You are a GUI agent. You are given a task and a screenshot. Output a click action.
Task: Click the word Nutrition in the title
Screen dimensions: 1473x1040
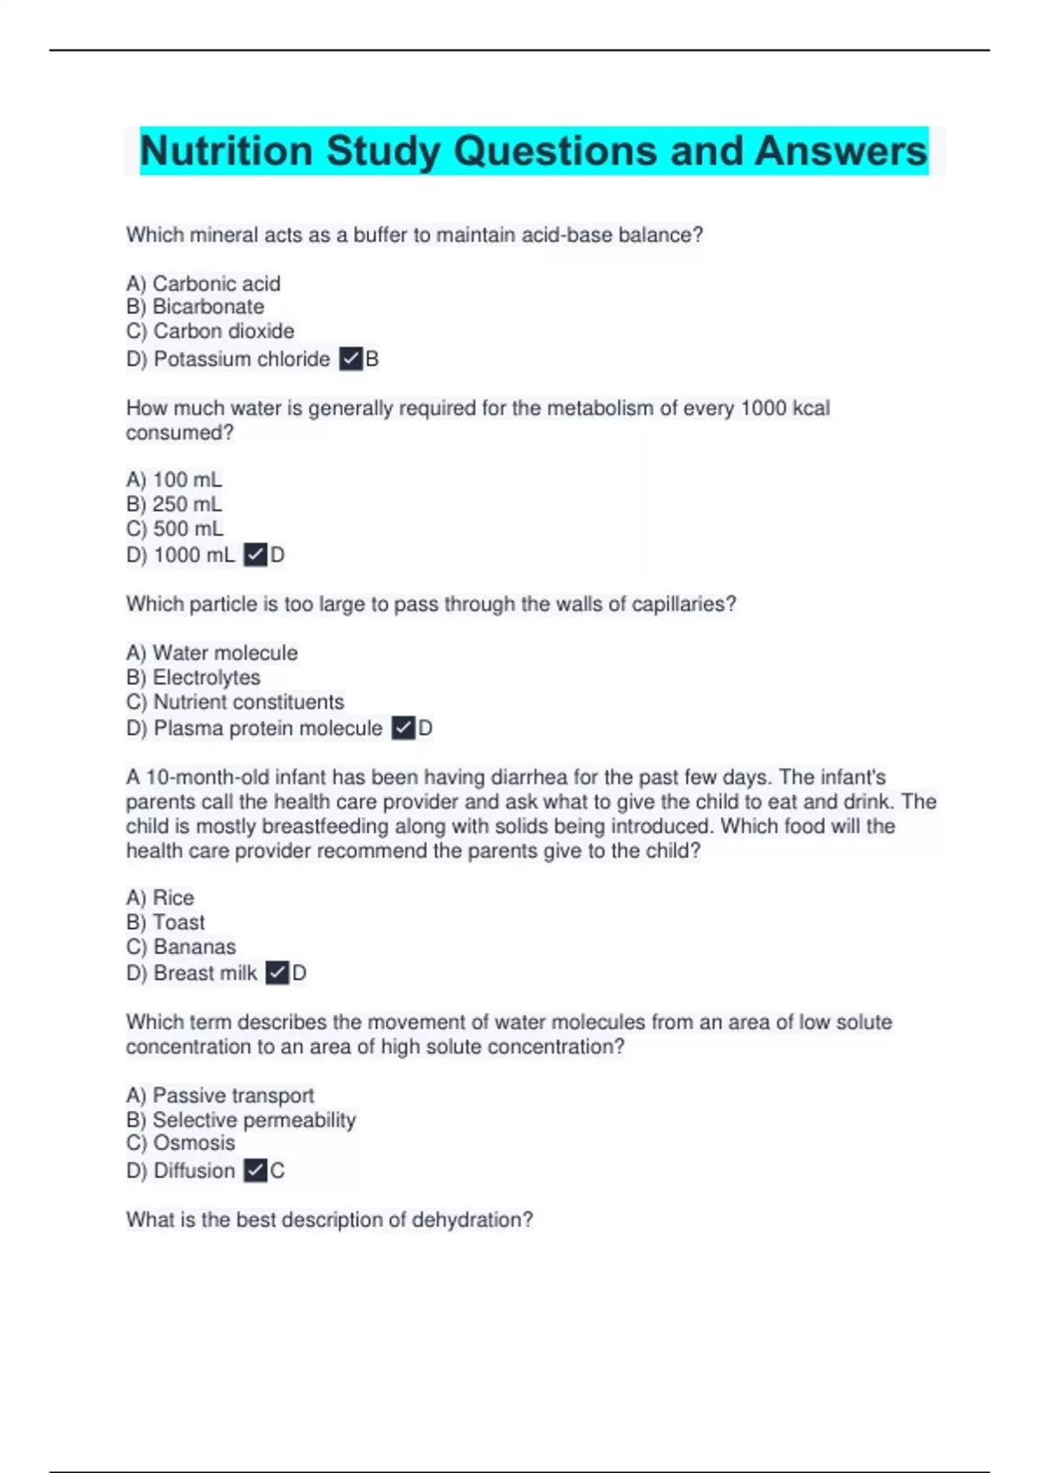pyautogui.click(x=226, y=151)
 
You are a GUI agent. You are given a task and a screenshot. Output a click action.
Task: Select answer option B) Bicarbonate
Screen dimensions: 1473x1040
pyautogui.click(x=195, y=307)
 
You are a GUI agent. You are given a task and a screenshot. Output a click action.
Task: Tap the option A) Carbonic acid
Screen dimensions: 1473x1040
pyautogui.click(x=203, y=283)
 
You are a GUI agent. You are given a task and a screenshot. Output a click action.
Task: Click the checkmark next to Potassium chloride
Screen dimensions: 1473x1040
pyautogui.click(x=350, y=359)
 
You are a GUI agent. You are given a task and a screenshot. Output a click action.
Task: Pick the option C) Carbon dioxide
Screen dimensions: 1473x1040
pyautogui.click(x=210, y=331)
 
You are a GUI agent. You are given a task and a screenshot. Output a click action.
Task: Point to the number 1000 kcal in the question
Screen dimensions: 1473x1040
pyautogui.click(x=784, y=408)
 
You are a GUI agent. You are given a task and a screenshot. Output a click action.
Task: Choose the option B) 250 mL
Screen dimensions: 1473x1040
pyautogui.click(x=174, y=504)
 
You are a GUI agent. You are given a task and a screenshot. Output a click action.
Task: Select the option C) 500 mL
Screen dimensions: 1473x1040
pyautogui.click(x=174, y=529)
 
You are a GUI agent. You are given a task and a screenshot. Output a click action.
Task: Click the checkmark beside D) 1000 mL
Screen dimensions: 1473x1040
pyautogui.click(x=255, y=555)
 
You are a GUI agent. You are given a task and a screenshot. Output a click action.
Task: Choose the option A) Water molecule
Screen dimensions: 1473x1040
pyautogui.click(x=211, y=652)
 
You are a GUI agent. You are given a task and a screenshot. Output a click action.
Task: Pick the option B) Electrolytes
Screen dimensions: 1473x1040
pyautogui.click(x=193, y=678)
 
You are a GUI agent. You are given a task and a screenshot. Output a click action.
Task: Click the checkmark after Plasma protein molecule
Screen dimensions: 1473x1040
pyautogui.click(x=403, y=729)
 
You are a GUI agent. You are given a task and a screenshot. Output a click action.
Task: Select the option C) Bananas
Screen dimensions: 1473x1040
pyautogui.click(x=180, y=947)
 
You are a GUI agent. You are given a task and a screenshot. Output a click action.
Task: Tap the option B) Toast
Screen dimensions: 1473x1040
pyautogui.click(x=166, y=922)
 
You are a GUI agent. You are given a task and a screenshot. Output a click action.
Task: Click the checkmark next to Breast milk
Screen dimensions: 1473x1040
pyautogui.click(x=276, y=973)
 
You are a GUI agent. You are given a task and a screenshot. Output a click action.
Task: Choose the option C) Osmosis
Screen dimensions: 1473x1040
pyautogui.click(x=180, y=1143)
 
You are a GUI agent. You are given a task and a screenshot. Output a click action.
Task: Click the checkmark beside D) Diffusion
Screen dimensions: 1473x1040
pyautogui.click(x=255, y=1171)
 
